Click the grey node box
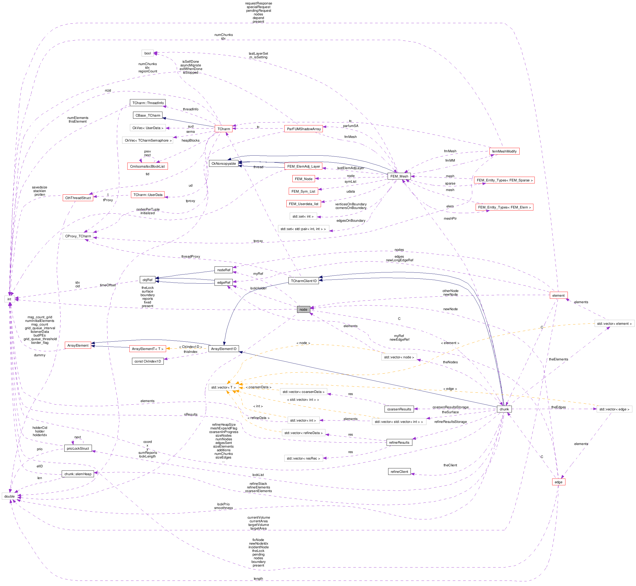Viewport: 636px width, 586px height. (303, 309)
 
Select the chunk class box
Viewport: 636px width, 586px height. (504, 409)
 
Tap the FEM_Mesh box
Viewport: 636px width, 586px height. (399, 176)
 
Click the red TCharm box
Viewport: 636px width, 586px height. (224, 129)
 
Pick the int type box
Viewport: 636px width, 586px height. (9, 299)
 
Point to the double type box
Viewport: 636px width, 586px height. (10, 496)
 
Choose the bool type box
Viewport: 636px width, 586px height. (148, 53)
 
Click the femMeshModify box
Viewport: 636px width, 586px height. (504, 151)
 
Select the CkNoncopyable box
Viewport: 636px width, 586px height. (224, 164)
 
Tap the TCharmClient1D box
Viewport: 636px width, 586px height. (304, 281)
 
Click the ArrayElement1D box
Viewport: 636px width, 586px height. (224, 349)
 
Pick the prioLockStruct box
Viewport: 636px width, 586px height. (78, 448)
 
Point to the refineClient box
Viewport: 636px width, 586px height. (399, 472)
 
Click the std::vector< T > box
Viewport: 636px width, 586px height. (223, 387)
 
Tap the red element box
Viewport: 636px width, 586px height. (558, 295)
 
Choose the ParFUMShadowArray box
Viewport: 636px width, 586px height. (304, 129)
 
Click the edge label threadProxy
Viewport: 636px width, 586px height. (191, 257)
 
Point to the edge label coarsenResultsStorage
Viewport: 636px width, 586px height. (450, 407)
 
